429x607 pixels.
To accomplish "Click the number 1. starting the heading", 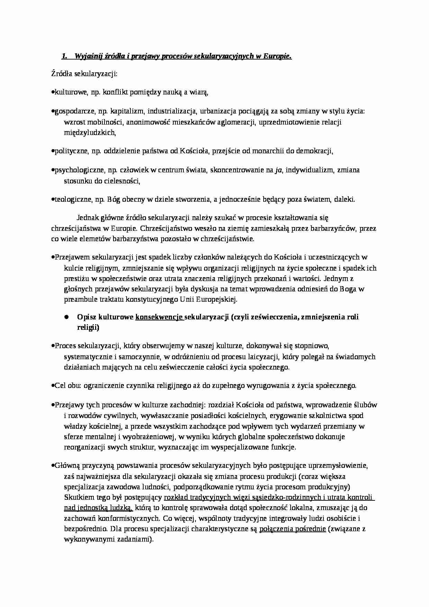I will coord(64,56).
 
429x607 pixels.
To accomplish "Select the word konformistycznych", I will coord(129,519).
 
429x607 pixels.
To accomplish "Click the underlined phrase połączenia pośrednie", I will coord(292,529).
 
